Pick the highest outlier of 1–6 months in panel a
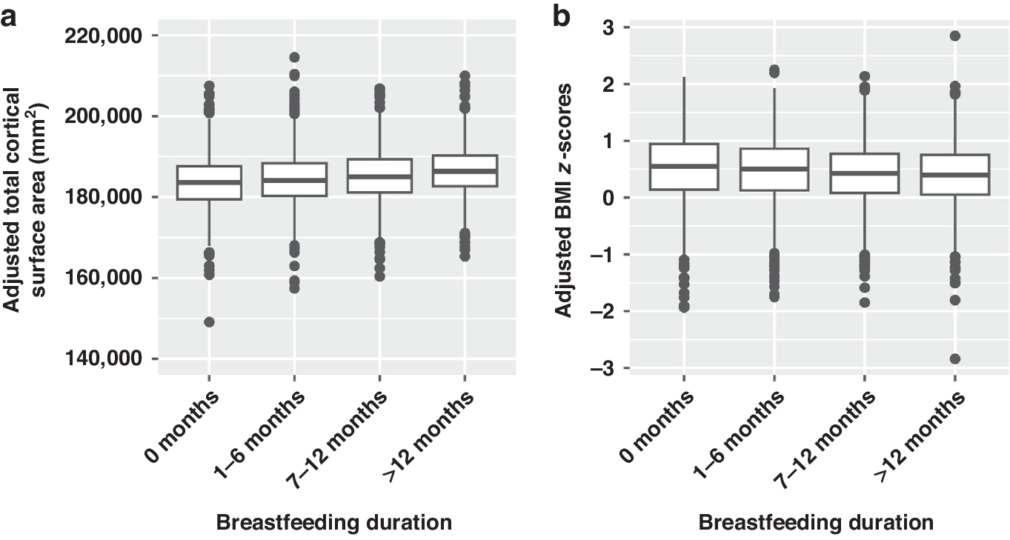294,57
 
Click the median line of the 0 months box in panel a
210,181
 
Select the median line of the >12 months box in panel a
464,171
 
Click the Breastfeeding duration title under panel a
333,522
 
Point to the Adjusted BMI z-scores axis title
565,200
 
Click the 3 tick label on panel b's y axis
605,27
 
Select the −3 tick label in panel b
599,368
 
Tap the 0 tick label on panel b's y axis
605,198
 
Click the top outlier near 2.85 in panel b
955,36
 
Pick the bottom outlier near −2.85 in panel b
955,359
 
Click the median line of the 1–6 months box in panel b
774,169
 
